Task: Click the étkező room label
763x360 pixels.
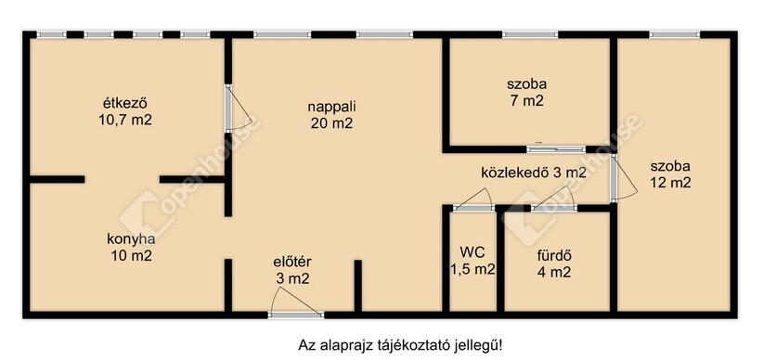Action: coord(125,103)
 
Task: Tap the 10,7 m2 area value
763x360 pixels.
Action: coord(125,121)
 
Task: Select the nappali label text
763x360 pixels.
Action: coord(332,107)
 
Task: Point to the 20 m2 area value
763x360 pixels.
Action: coord(332,123)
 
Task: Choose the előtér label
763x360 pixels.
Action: coord(292,262)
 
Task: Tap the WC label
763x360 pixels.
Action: coord(472,252)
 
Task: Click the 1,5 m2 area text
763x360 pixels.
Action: coord(472,269)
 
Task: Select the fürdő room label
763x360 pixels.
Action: coord(554,255)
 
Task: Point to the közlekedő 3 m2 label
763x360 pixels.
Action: coord(534,173)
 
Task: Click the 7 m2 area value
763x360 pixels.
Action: coord(526,101)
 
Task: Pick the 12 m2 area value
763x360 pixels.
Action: coord(670,183)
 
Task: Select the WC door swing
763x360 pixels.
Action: coord(473,199)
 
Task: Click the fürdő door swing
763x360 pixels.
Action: coord(554,199)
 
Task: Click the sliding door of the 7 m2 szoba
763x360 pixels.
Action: coord(556,148)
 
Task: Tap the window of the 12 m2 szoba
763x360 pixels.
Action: coord(674,34)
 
